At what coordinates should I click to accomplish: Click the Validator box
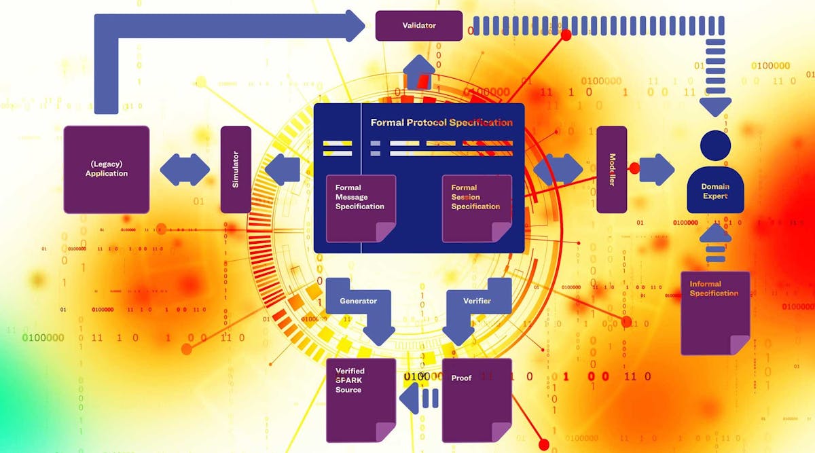point(418,26)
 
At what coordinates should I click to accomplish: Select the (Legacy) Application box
point(107,169)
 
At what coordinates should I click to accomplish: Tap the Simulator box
point(236,169)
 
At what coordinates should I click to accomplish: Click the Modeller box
point(611,169)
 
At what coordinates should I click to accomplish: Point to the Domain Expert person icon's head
point(715,145)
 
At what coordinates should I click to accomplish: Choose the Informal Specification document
point(714,312)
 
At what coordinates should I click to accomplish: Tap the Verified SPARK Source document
point(360,400)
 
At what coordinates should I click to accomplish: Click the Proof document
point(476,400)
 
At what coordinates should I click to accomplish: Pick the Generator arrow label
point(358,301)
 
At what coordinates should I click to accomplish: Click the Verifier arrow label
point(477,301)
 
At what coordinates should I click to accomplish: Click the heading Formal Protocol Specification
point(441,123)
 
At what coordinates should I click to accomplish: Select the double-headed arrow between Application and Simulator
point(185,169)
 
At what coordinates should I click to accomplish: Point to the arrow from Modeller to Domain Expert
point(656,169)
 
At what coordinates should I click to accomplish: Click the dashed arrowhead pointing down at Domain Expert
point(715,105)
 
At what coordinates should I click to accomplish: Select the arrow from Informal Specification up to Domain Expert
point(715,244)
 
